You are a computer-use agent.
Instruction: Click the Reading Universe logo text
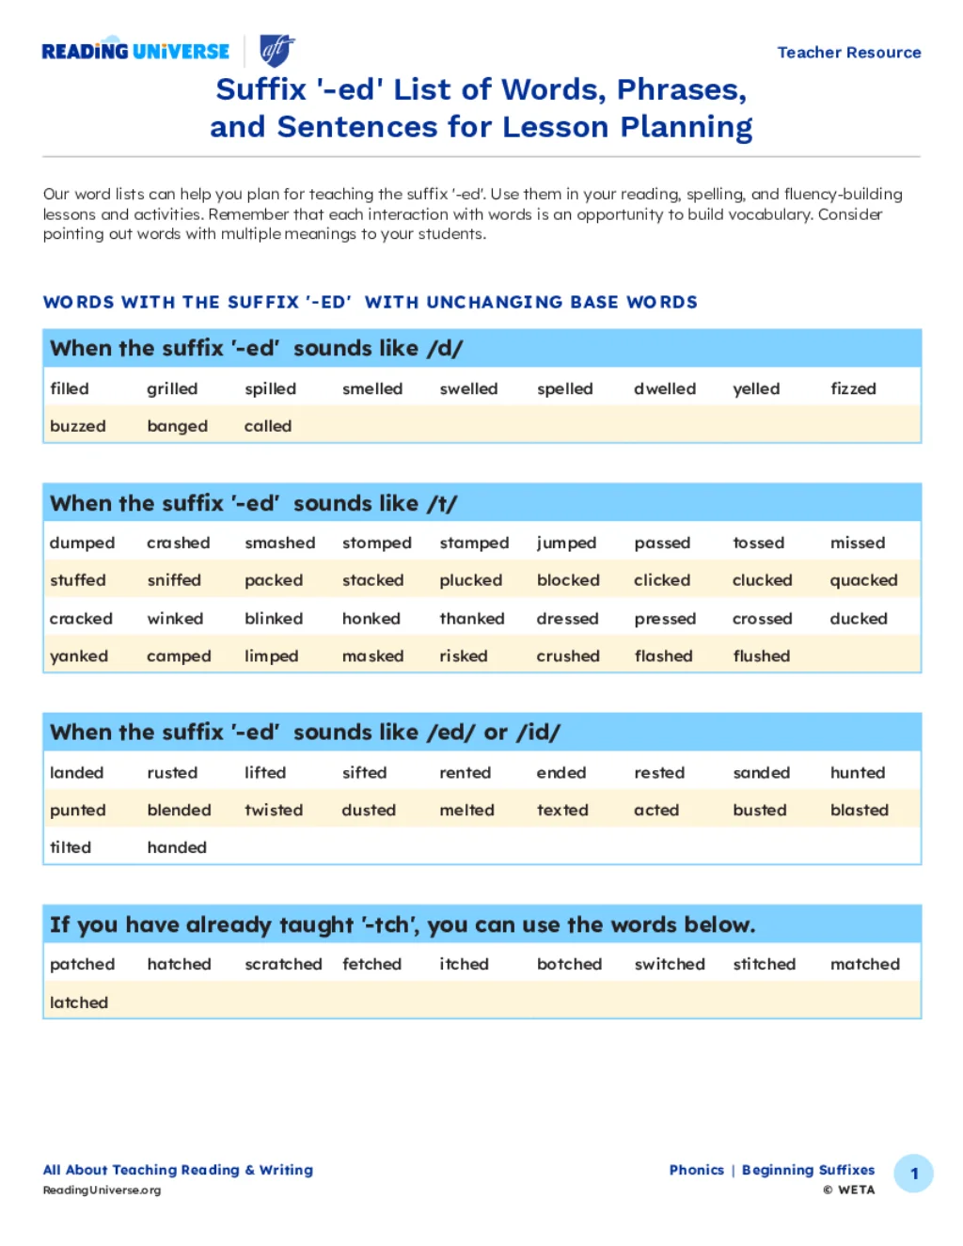point(135,52)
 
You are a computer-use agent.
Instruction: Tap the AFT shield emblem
point(276,50)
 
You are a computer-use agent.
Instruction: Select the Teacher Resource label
point(848,53)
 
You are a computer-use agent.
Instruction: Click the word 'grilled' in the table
point(172,388)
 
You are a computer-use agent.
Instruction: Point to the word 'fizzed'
point(853,388)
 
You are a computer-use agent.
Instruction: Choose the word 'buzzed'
point(78,426)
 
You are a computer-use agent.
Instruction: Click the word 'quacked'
point(863,580)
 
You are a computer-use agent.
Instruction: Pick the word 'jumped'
point(566,543)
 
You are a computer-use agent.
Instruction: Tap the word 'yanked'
point(79,656)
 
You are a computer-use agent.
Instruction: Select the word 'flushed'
point(761,656)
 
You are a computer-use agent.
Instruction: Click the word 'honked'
point(371,619)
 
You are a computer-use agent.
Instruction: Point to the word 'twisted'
point(274,810)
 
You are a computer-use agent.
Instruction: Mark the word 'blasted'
point(859,810)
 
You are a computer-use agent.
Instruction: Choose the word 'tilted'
point(71,847)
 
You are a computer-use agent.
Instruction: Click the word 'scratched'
point(283,964)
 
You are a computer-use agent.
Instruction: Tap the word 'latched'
point(79,1002)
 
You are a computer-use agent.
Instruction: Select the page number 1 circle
point(913,1174)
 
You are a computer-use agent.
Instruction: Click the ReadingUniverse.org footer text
point(102,1191)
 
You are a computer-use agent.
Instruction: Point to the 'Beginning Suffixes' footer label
point(808,1170)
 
